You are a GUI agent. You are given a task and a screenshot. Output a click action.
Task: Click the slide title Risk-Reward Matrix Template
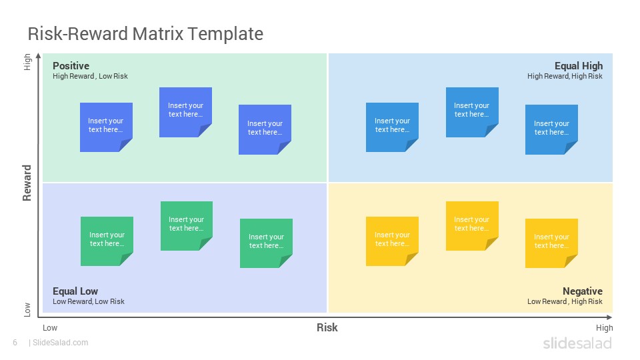point(145,34)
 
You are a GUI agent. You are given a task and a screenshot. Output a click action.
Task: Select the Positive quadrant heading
point(71,66)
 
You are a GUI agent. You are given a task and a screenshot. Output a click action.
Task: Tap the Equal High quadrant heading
point(579,66)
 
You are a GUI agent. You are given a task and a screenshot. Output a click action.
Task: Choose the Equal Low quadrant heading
point(75,291)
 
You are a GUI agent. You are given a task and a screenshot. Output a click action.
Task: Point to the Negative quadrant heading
point(583,291)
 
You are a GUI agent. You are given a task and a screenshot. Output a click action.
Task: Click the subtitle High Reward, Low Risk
point(90,76)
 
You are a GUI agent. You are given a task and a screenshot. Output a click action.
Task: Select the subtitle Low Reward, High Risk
point(565,301)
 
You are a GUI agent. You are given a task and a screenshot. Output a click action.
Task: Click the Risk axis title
point(327,327)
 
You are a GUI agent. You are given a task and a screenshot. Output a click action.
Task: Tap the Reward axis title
point(27,183)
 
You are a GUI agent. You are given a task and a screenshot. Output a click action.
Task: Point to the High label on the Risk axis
point(604,328)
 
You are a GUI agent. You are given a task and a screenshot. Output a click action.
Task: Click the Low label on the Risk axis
point(50,328)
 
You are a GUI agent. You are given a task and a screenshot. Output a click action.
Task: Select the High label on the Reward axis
point(27,62)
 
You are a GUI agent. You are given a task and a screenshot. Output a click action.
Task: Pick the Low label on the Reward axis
point(27,310)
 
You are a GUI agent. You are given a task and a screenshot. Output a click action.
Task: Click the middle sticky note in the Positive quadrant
point(185,112)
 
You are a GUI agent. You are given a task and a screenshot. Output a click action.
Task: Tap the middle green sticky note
point(187,226)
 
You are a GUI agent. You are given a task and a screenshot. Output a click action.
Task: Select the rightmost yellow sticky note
point(551,243)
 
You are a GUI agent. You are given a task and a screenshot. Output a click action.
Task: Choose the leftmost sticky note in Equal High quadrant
point(392,127)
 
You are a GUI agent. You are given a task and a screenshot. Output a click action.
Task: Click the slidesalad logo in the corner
point(577,343)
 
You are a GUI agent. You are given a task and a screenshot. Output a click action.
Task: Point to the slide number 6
point(15,343)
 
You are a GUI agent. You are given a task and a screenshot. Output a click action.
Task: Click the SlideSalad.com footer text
point(60,343)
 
